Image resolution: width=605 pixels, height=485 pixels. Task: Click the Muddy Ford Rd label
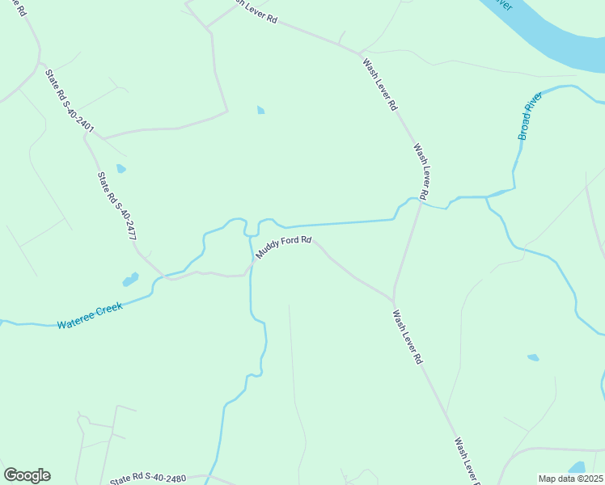284,247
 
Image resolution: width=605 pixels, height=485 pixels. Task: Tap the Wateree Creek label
89,316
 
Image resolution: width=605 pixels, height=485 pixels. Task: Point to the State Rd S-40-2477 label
116,207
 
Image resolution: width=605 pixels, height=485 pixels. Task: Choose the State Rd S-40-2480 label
148,479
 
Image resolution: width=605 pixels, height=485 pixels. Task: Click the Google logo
27,475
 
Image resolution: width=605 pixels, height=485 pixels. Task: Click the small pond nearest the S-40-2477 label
121,169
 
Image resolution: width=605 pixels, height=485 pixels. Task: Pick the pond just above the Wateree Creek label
129,280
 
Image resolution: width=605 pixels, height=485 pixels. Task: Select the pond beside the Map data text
577,468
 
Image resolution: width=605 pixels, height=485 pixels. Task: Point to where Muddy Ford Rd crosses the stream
251,262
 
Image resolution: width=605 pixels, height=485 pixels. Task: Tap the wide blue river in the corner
558,32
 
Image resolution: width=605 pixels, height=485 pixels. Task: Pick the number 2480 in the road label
173,479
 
